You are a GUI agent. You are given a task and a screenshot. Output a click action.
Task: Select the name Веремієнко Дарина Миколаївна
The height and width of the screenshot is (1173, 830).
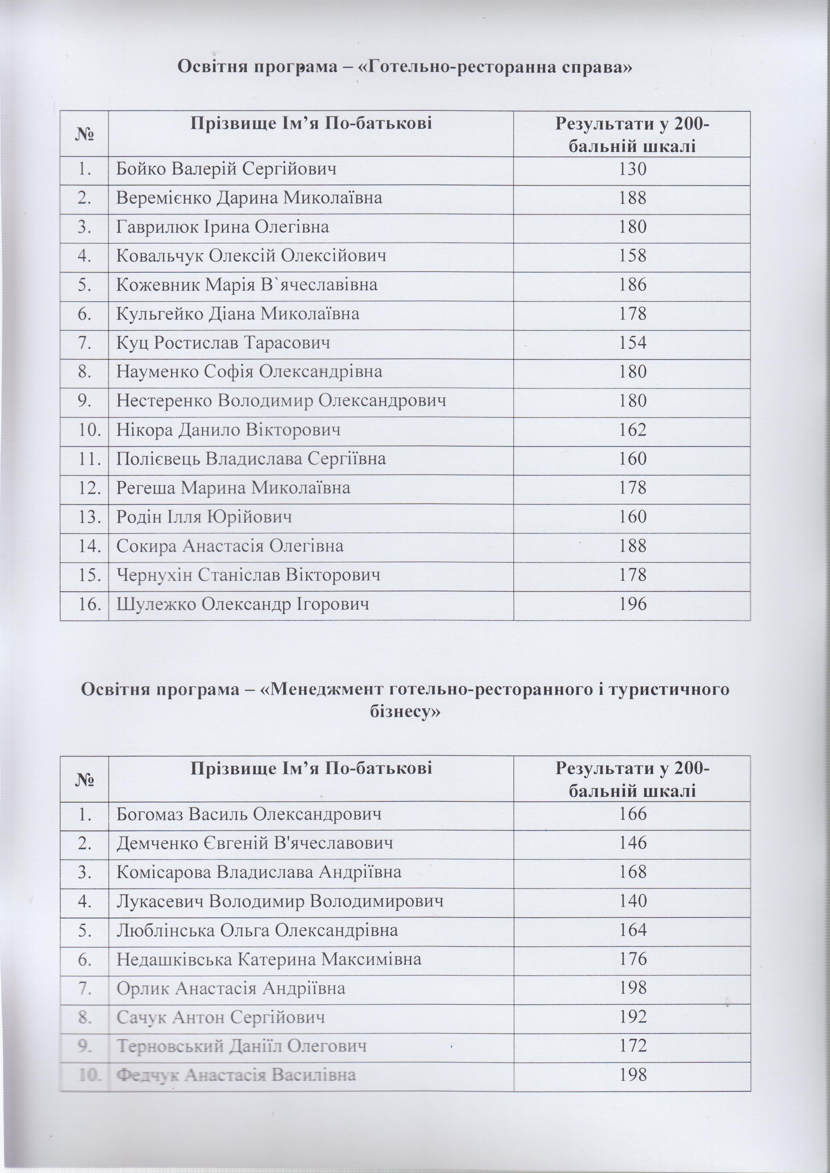[x=249, y=198]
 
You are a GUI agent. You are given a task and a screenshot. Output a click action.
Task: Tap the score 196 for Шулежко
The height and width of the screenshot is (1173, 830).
[x=632, y=604]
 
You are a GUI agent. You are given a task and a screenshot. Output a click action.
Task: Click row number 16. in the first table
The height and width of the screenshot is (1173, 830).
[x=85, y=604]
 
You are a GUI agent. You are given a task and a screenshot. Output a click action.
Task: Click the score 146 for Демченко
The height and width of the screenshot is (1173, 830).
[x=632, y=843]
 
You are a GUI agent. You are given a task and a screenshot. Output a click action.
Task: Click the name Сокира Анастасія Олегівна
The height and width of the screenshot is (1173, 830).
[x=230, y=546]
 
